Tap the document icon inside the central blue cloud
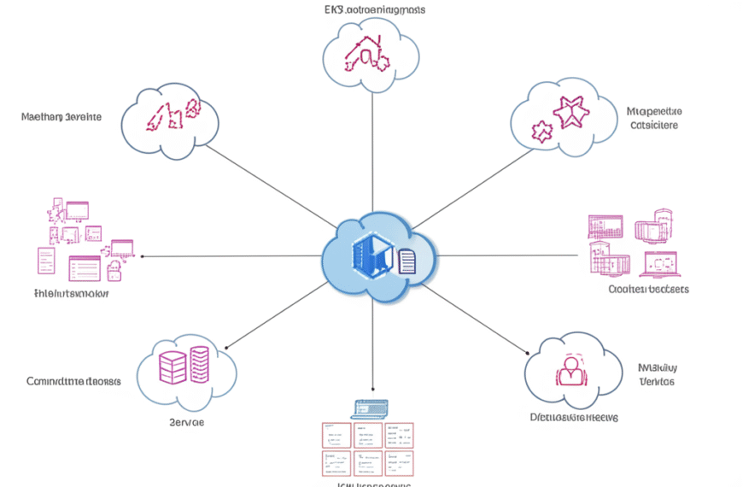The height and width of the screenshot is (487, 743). point(407,261)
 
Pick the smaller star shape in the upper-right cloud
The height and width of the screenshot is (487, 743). point(541,132)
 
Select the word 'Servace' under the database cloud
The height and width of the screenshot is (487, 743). point(186,422)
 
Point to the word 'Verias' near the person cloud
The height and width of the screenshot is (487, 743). point(657,381)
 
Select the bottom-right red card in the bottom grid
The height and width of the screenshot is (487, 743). point(400,462)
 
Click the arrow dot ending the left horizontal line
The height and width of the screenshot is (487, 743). point(142,255)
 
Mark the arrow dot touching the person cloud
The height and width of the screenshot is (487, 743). point(527,350)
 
